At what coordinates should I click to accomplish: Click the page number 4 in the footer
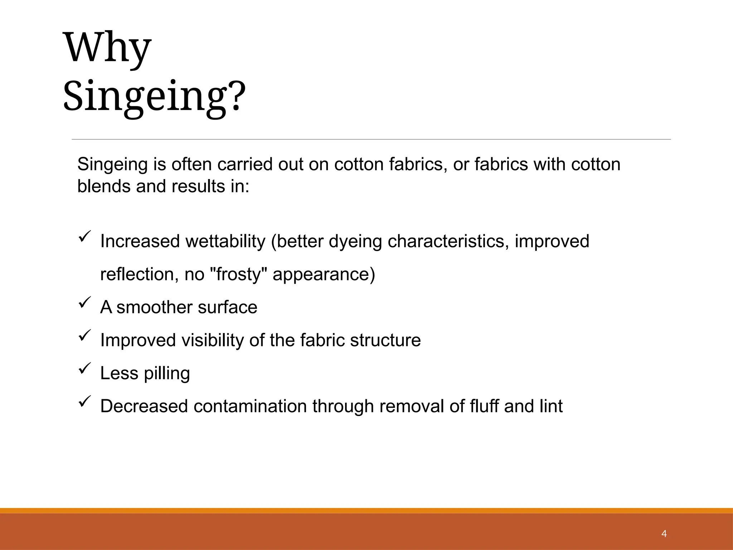(664, 534)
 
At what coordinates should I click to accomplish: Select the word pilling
(167, 374)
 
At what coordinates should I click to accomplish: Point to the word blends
(104, 187)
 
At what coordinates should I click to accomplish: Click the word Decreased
(144, 406)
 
